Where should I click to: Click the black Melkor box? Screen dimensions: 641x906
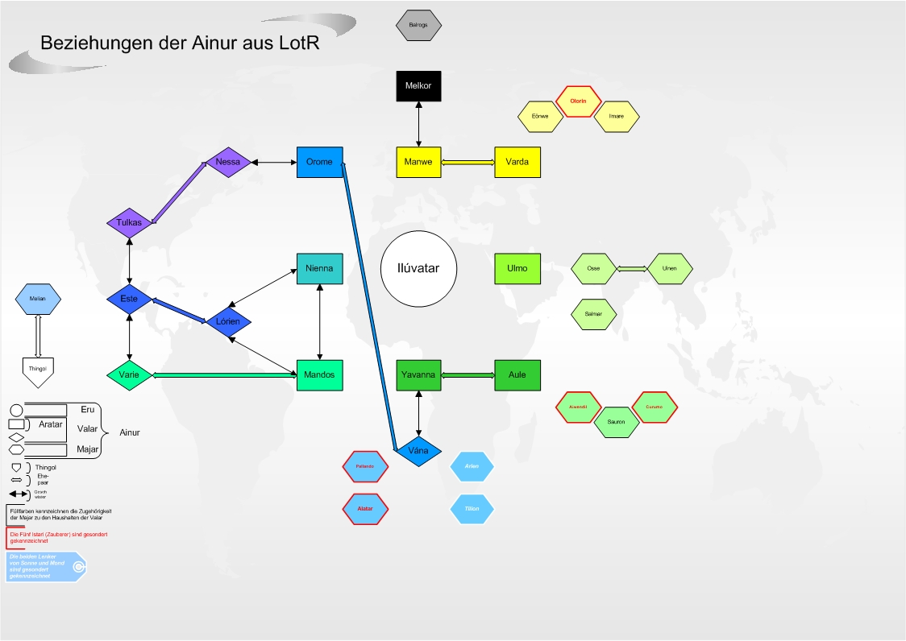click(419, 86)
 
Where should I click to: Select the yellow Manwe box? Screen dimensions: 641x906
click(419, 162)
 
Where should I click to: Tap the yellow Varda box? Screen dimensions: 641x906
click(517, 162)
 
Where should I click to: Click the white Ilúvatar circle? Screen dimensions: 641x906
click(419, 268)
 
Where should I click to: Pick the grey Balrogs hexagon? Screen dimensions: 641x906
click(419, 25)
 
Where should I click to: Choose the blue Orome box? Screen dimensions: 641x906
click(319, 162)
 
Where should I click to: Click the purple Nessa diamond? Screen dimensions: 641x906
click(228, 162)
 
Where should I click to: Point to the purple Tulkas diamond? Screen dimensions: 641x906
click(129, 222)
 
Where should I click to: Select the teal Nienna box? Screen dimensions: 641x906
click(320, 268)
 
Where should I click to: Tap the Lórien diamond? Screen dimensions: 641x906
click(228, 321)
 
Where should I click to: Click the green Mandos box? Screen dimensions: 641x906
click(320, 374)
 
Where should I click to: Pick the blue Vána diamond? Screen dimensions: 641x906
click(418, 451)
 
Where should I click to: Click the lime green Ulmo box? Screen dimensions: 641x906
click(517, 268)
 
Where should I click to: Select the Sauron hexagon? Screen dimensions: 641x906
click(617, 422)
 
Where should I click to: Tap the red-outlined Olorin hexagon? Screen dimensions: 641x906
click(578, 101)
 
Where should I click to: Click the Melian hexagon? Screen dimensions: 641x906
click(38, 299)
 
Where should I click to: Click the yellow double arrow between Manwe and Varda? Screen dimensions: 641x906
click(468, 163)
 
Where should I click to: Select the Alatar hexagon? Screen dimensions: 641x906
click(365, 508)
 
